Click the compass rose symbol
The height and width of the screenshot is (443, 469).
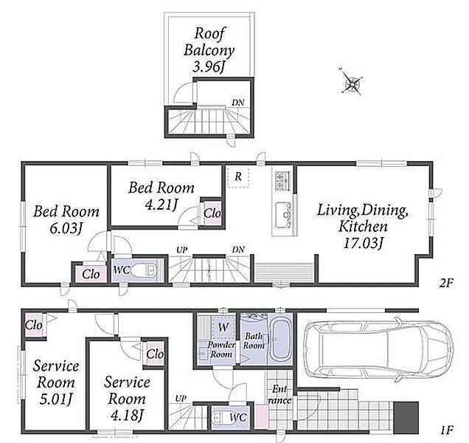351,81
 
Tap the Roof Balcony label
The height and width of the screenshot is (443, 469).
209,41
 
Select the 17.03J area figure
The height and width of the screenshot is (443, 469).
363,243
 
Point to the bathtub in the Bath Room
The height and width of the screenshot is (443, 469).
280,338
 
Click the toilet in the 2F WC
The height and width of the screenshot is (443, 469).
145,270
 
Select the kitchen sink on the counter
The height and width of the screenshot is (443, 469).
282,215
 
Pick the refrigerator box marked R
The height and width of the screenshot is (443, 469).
237,176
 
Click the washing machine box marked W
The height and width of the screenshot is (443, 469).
223,327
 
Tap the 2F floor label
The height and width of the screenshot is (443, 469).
446,283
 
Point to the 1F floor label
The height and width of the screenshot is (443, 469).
446,430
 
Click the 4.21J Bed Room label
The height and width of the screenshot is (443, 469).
161,196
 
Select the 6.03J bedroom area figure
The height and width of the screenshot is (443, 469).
66,229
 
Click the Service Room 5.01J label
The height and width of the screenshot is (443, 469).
56,382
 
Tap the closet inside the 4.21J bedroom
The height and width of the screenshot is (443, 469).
212,213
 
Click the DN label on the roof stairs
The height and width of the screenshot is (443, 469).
238,103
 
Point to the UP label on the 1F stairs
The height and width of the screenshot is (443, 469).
181,399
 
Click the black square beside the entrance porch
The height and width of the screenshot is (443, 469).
406,418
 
